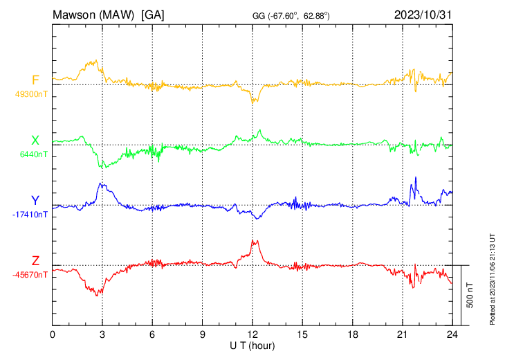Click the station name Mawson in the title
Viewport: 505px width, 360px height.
coord(76,14)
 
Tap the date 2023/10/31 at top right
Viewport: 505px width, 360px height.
coord(422,14)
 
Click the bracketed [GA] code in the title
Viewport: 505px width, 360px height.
coord(152,14)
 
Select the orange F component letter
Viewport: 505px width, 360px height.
coord(35,81)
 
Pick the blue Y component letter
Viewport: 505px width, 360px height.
coord(35,201)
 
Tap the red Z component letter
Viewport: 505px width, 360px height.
coord(35,261)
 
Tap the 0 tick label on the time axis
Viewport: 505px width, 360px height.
coord(53,334)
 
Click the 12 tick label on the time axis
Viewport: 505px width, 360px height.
coord(252,334)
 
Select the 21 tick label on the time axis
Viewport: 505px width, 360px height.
coord(402,334)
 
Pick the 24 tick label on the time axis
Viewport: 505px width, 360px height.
coord(452,334)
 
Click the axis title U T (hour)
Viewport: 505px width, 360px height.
coord(252,345)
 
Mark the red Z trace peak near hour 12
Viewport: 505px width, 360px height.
coord(255,241)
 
